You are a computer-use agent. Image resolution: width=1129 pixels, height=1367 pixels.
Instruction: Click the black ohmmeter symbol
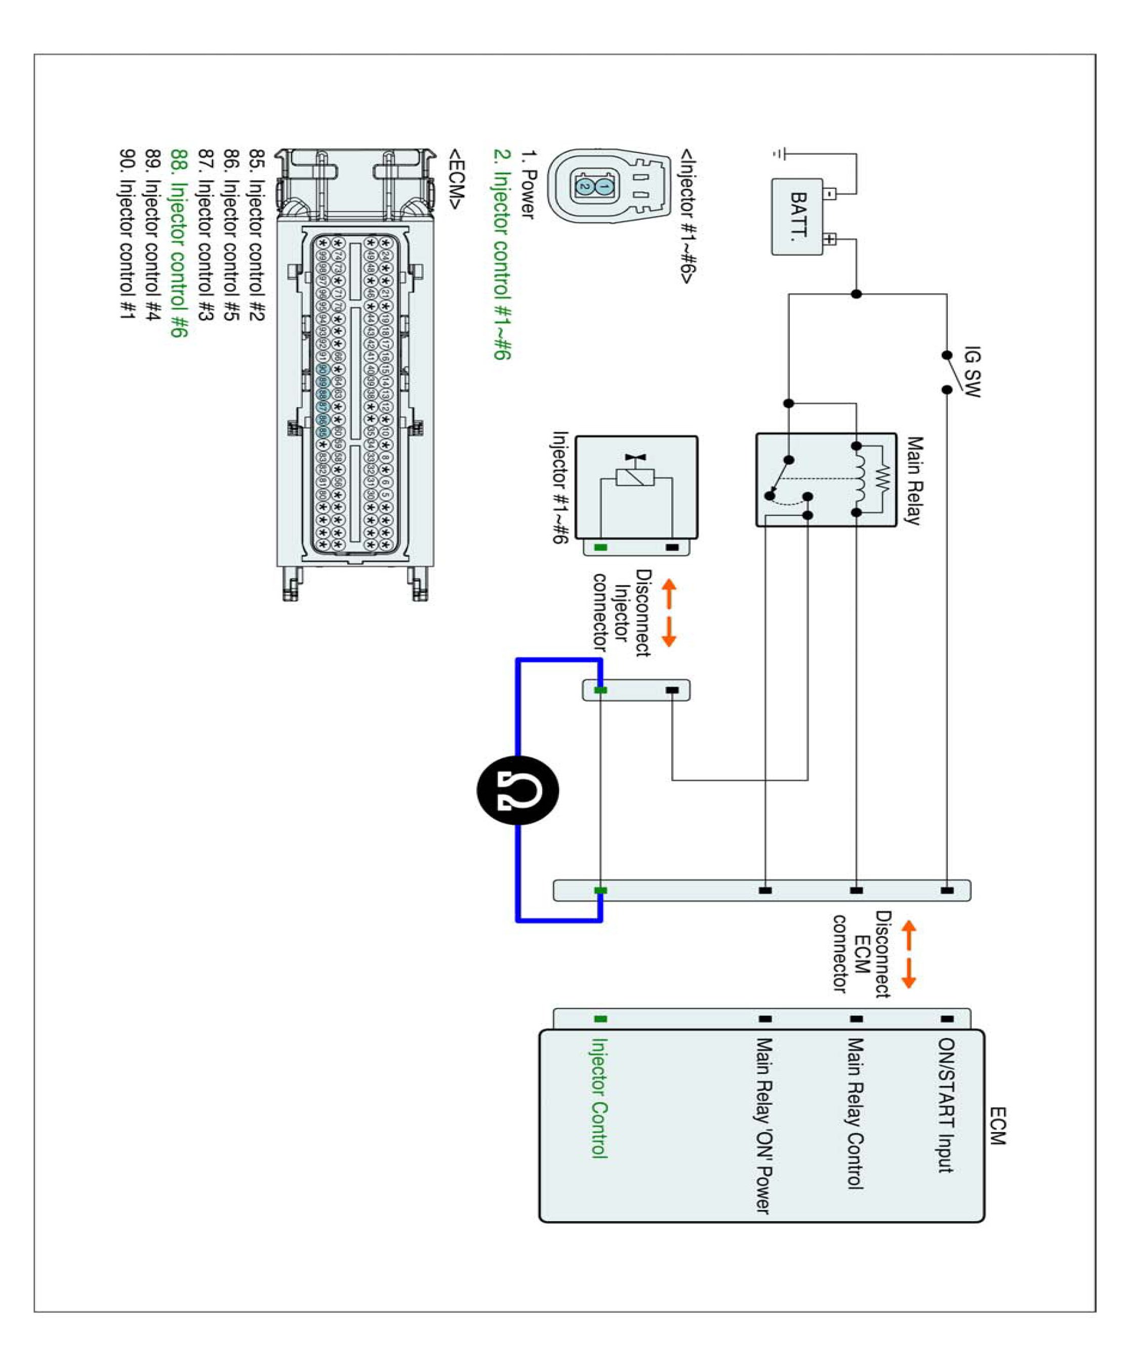tap(518, 790)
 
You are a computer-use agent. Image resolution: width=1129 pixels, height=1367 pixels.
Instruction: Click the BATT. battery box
tap(797, 217)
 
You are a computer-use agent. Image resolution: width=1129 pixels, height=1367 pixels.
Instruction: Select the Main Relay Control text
tap(855, 1113)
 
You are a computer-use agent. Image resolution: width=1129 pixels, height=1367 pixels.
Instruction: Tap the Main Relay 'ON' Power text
tap(763, 1125)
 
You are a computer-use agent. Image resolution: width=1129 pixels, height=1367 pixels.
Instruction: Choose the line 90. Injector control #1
tap(127, 235)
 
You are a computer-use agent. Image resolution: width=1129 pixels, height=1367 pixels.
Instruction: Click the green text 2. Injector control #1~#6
tap(502, 255)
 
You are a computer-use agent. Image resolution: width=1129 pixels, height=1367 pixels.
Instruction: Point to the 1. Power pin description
tap(528, 185)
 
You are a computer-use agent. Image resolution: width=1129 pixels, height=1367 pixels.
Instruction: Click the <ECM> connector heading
tap(456, 180)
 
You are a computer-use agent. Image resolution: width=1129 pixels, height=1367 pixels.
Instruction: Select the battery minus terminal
tap(829, 193)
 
